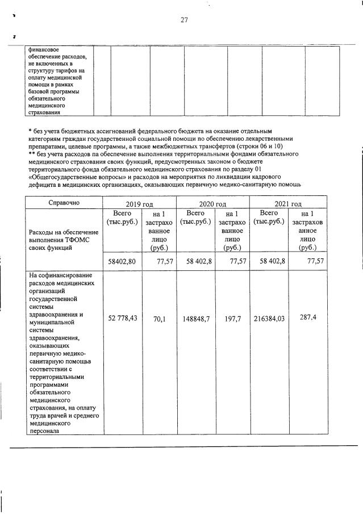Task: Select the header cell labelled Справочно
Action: [x=64, y=202]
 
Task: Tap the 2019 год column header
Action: [x=139, y=204]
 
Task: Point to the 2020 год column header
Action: [x=213, y=204]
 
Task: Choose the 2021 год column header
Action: [x=287, y=204]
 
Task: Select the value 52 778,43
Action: [x=123, y=319]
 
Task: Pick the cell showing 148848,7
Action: [x=196, y=320]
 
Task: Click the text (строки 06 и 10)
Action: [x=259, y=147]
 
